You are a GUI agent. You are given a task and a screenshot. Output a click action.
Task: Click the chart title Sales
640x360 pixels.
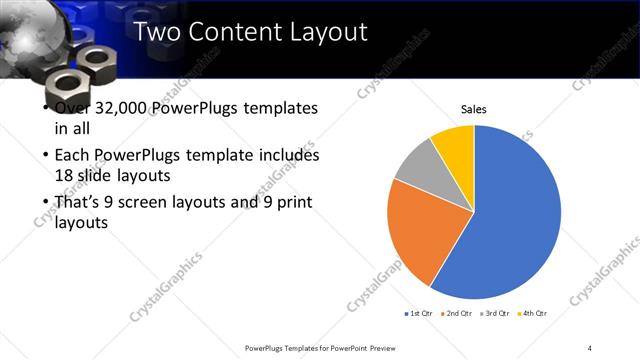click(x=474, y=110)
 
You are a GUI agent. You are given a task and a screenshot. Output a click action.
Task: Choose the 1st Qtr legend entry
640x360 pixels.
click(x=420, y=314)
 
